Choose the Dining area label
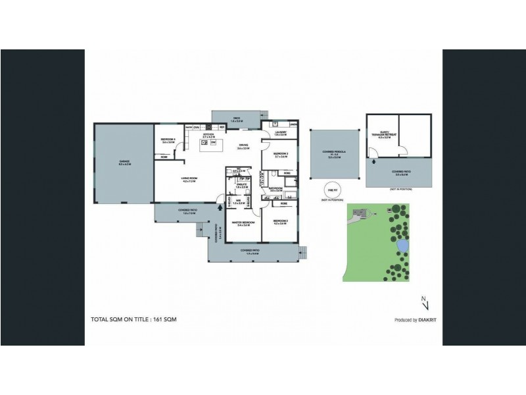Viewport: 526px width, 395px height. point(243,146)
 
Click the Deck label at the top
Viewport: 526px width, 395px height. point(237,118)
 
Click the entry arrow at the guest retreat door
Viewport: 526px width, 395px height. point(373,159)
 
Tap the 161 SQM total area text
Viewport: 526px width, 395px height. point(165,319)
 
